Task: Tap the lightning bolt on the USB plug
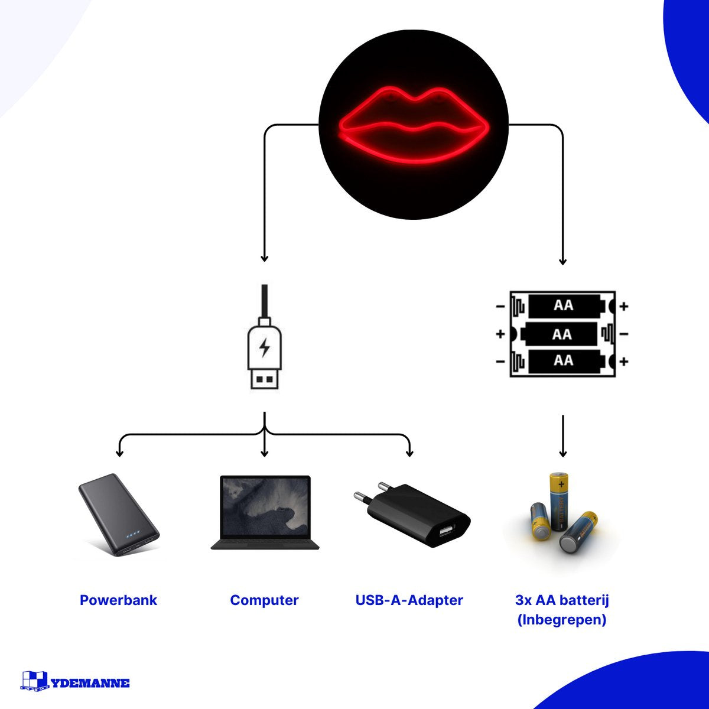[264, 347]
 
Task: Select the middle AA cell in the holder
[561, 334]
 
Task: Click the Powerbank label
[118, 600]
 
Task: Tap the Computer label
[264, 600]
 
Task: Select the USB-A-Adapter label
[409, 600]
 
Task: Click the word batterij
[584, 600]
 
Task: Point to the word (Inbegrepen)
[562, 620]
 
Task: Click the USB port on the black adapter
[445, 531]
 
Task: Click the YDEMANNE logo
[75, 682]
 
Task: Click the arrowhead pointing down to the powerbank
[119, 453]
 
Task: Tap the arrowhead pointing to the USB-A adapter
[409, 453]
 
